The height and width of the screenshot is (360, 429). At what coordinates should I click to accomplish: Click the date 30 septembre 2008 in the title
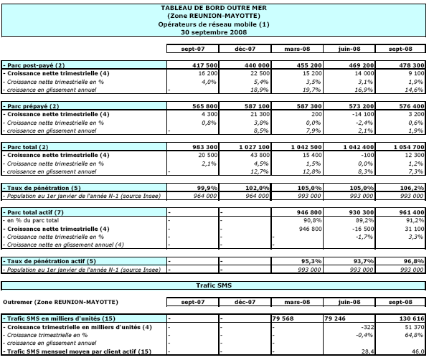(214, 32)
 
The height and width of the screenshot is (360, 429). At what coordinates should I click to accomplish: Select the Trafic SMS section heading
(214, 285)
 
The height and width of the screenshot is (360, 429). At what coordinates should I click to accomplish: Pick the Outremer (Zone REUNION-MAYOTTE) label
(60, 302)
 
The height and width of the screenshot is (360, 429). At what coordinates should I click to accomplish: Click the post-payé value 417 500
(204, 65)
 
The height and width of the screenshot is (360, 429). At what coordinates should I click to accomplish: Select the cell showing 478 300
(412, 65)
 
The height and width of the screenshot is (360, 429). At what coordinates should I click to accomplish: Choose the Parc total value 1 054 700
(409, 147)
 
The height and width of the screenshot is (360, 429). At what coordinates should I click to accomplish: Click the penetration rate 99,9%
(207, 188)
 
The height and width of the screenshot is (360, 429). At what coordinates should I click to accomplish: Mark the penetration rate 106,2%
(414, 188)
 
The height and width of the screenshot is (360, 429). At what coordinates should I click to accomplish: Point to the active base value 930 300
(361, 212)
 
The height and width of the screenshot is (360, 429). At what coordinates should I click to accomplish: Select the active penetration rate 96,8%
(414, 261)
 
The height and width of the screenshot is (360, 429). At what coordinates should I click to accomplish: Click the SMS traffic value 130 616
(412, 318)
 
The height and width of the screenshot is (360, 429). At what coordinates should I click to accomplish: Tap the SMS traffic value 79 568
(283, 318)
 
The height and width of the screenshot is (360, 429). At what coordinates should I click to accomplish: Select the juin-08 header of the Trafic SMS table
(349, 302)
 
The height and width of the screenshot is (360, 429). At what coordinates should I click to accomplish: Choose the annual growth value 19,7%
(311, 90)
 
